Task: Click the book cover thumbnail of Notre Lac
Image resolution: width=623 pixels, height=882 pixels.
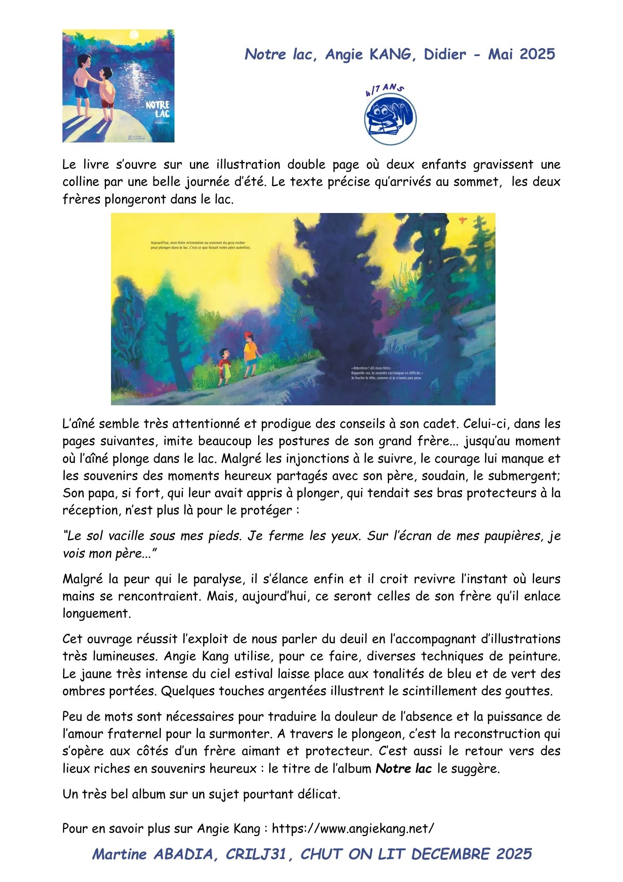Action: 118,86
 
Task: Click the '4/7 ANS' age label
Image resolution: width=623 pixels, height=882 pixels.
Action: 384,90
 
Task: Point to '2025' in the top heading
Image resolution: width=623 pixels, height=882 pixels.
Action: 537,54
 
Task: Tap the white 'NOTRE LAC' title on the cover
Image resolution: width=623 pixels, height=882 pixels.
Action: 158,109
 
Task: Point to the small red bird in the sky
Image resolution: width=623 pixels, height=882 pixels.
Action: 463,219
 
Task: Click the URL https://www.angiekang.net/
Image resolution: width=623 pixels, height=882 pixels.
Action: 352,828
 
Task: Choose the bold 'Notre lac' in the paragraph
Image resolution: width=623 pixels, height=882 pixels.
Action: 404,769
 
